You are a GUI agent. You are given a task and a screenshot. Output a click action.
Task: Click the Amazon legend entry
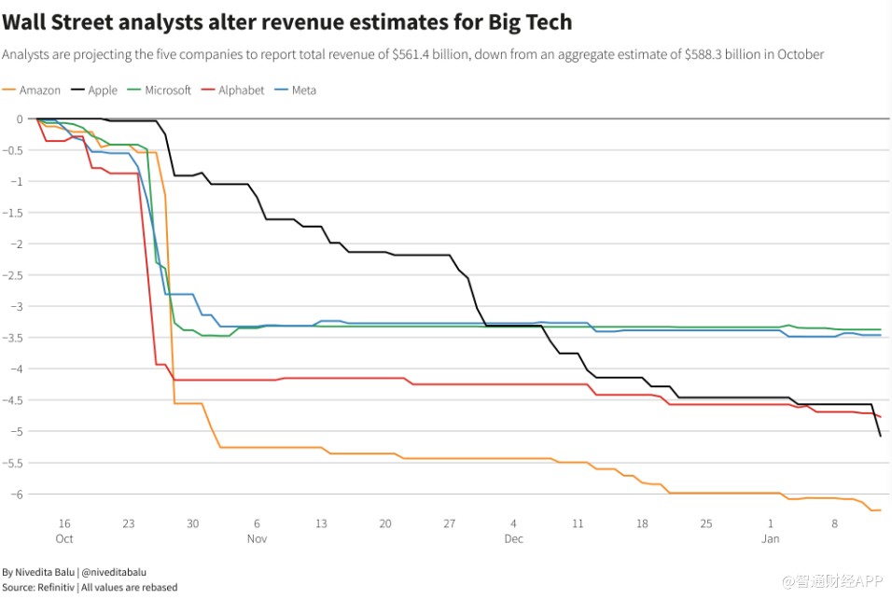click(39, 91)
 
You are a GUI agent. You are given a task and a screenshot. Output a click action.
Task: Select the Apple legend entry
click(102, 91)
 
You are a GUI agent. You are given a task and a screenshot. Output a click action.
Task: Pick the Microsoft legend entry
click(167, 91)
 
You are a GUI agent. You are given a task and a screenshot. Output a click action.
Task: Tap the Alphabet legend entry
click(241, 91)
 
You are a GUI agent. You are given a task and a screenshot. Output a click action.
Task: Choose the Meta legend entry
click(303, 91)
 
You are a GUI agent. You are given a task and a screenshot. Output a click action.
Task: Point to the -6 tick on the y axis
click(17, 494)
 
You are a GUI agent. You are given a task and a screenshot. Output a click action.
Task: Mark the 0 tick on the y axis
click(18, 118)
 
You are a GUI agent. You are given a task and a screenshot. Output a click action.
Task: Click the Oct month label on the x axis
click(64, 539)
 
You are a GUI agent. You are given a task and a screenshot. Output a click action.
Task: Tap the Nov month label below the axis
click(258, 539)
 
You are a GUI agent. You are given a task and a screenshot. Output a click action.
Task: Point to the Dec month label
click(514, 539)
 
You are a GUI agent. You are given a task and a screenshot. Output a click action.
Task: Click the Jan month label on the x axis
click(771, 539)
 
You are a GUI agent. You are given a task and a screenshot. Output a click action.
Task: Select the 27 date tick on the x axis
click(450, 523)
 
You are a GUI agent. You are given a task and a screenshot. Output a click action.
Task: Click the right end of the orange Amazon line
click(881, 509)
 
